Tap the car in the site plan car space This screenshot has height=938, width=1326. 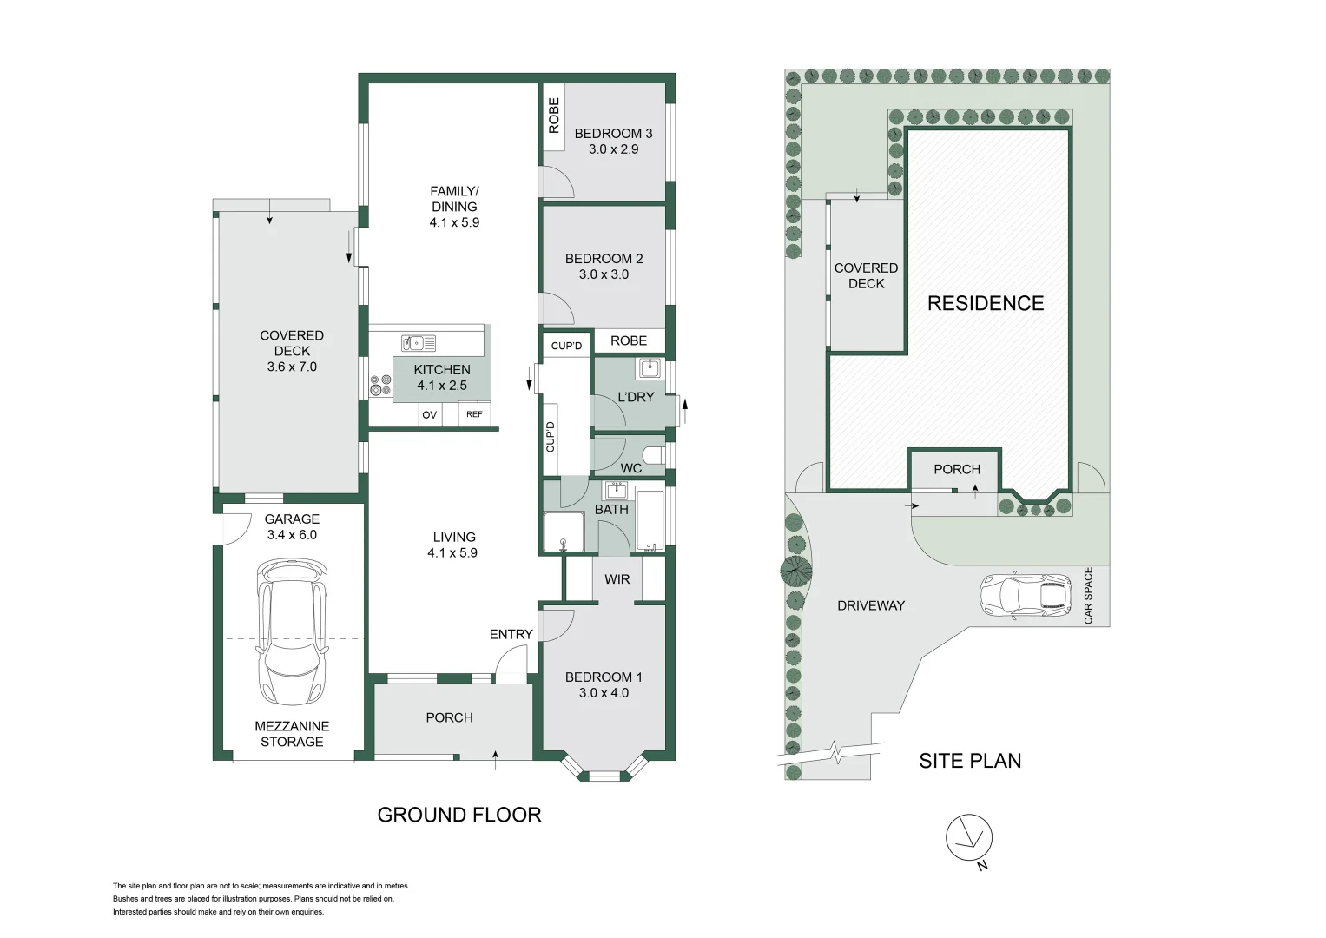1026,596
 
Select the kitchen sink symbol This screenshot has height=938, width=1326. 419,343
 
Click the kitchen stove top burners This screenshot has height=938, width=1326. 380,385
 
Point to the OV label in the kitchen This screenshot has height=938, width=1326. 429,415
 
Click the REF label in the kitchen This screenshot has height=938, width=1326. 474,414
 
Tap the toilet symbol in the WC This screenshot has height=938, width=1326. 654,455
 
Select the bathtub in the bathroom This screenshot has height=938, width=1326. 650,519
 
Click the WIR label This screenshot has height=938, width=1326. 617,579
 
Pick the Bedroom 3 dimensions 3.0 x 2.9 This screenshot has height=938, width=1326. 613,149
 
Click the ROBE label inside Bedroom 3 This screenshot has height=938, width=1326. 554,115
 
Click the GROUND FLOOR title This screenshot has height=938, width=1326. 459,815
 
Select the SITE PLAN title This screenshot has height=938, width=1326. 970,761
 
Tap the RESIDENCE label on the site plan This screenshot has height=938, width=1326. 986,303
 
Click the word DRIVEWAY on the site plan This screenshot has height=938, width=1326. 871,605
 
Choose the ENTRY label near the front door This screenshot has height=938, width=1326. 511,635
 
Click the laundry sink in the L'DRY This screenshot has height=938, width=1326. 649,368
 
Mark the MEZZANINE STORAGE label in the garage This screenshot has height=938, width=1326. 292,734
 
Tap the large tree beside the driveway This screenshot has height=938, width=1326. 795,571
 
